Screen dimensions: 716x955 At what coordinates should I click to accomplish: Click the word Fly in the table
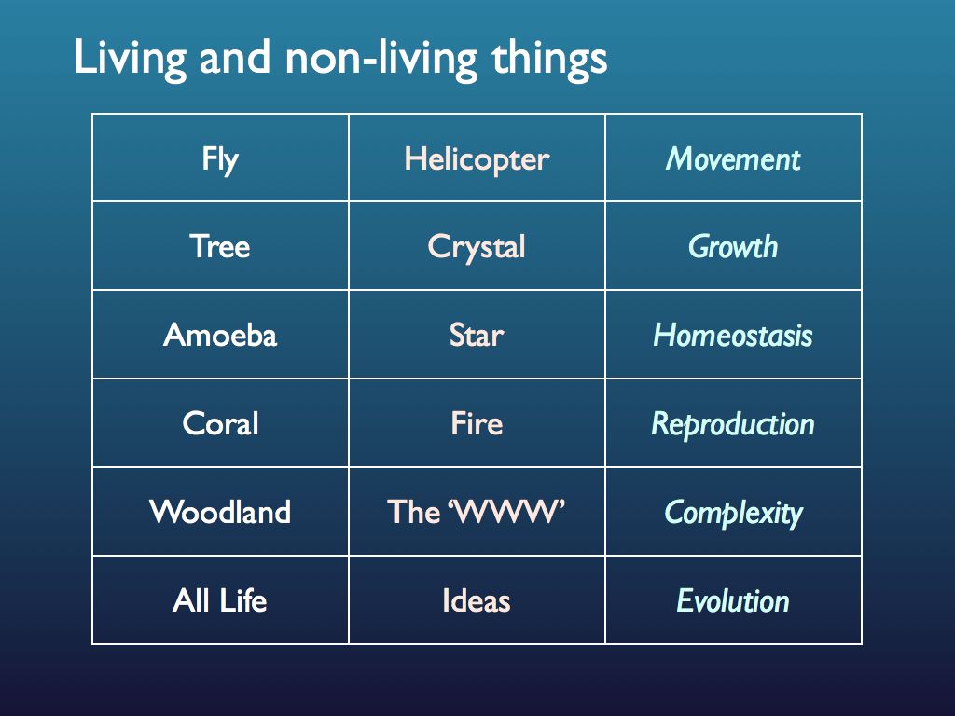point(220,159)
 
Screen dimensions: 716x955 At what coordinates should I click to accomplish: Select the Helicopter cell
point(477,159)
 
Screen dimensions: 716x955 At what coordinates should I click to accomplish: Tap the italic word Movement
point(733,159)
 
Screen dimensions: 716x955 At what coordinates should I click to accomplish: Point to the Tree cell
point(220,247)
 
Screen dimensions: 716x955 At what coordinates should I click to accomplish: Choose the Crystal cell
point(477,247)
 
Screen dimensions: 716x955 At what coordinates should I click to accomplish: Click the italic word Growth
point(733,247)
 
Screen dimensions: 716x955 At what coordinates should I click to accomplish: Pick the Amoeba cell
point(220,335)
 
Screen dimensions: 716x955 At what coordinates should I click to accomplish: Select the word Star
point(477,335)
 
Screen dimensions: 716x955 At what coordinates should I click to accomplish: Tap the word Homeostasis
point(733,335)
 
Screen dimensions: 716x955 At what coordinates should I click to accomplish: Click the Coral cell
point(220,423)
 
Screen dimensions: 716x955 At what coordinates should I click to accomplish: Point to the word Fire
point(477,423)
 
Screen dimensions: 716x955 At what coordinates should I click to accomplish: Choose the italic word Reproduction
point(733,424)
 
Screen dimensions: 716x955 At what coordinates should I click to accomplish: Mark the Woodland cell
point(220,512)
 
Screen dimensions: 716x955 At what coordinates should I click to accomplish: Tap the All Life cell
point(220,600)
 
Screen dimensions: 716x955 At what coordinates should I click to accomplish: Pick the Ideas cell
point(477,600)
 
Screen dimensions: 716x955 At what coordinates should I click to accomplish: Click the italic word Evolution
point(733,600)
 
